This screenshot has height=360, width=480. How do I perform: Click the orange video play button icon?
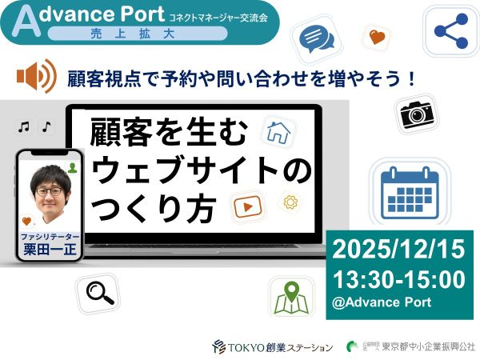pos(247,207)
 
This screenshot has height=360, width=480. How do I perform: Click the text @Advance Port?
pos(381,302)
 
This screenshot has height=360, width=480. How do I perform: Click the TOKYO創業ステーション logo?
pos(272,346)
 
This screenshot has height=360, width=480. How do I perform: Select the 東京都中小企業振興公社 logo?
pos(409,346)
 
